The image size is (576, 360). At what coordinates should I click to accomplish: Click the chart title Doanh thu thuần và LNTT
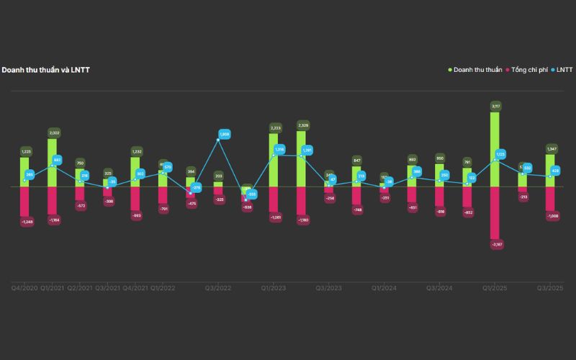[45, 70]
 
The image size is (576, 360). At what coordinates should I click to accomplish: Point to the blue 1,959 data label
[224, 134]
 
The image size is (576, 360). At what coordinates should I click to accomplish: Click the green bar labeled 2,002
[53, 163]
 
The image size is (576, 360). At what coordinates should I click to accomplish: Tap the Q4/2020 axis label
[24, 287]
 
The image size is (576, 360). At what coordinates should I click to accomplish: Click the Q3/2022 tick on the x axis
[218, 287]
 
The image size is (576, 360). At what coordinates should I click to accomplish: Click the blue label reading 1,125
[500, 153]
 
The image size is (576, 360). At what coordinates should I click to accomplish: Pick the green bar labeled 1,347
[551, 170]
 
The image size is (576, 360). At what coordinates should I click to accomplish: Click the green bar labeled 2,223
[274, 159]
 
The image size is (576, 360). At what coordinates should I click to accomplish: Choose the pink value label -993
[136, 215]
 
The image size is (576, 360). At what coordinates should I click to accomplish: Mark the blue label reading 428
[555, 171]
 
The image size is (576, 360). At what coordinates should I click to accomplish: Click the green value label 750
[81, 163]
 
